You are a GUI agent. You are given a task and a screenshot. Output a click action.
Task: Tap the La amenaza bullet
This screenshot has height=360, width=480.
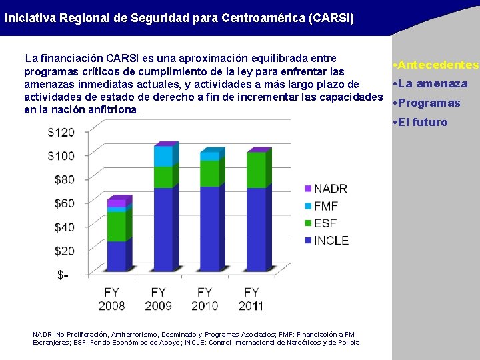[x=433, y=83]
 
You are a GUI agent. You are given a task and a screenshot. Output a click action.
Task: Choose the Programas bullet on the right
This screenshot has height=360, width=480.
[x=429, y=103]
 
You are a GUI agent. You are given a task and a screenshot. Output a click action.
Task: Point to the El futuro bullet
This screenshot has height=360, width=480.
[x=423, y=122]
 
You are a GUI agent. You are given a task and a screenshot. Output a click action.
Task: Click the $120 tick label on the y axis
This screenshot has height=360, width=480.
[x=61, y=132]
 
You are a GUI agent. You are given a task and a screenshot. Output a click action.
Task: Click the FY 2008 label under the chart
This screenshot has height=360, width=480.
[x=111, y=299]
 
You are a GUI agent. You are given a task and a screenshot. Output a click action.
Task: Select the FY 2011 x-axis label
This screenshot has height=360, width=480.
[x=251, y=299]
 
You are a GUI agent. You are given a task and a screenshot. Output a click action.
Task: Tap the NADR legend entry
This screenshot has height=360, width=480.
[x=330, y=189]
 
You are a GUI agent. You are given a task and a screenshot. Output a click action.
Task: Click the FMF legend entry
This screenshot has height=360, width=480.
[x=325, y=206]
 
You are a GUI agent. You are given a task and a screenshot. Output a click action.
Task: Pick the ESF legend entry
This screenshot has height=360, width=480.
[x=325, y=223]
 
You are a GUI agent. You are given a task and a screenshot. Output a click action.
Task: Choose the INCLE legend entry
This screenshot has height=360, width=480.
[x=331, y=240]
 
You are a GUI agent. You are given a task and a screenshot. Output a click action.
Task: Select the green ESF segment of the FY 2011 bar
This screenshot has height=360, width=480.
[x=255, y=170]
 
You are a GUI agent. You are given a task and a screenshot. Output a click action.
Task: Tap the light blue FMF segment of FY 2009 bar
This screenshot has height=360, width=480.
[x=163, y=156]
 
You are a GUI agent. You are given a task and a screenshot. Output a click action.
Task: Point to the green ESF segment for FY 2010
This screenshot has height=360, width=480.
[x=209, y=173]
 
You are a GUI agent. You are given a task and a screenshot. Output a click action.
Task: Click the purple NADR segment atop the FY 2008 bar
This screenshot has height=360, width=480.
[x=116, y=203]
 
